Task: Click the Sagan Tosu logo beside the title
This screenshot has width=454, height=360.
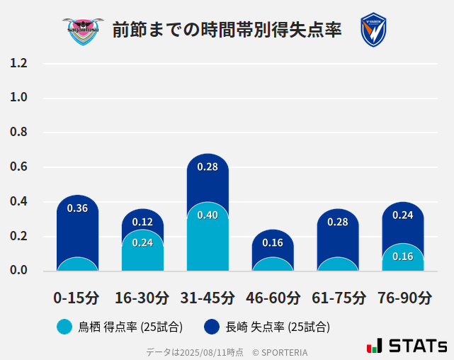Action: point(82,30)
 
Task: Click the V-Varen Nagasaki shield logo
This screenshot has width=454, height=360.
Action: point(373,30)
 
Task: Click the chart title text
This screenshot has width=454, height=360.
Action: point(227,30)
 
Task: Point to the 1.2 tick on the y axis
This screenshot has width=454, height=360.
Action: point(19,64)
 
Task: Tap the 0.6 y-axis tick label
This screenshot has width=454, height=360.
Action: point(19,167)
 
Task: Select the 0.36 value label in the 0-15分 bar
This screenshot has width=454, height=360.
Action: point(77,208)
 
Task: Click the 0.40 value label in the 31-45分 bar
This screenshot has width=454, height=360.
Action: point(208,215)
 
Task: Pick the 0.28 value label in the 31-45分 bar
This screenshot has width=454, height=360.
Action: point(208,167)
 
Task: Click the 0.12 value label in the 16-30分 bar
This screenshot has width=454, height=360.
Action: point(142,222)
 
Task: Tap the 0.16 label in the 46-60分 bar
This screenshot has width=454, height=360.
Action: point(273,243)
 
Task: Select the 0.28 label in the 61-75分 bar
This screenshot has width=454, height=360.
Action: point(338,223)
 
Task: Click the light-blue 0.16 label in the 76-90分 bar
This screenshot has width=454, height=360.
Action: point(403,257)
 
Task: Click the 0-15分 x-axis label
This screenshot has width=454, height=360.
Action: point(76,298)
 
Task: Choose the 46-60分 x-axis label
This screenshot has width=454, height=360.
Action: point(273,298)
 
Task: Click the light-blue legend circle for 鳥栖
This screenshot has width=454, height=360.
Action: point(64,327)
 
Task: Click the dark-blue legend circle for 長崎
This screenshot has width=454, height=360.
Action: point(211,327)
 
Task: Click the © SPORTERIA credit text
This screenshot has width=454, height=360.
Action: point(280,352)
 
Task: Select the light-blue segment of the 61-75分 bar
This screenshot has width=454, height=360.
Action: point(338,264)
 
